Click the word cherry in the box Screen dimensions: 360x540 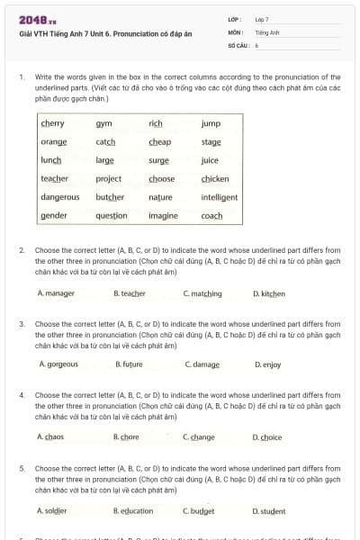pos(52,123)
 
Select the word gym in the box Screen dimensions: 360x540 pos(103,123)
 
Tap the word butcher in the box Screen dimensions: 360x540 pos(109,196)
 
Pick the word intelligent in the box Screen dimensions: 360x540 pos(220,196)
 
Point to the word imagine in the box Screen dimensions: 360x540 pos(163,216)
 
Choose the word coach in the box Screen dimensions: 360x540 pos(211,216)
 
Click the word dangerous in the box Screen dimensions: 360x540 pos(60,196)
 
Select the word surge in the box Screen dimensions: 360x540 pos(159,160)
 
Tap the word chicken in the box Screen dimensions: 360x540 pos(215,178)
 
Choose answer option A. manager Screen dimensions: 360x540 pos(56,293)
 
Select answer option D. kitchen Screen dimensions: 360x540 pos(269,293)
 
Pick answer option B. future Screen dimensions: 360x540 pos(130,364)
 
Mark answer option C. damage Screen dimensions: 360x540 pos(202,364)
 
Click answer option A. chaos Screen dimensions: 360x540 pos(50,436)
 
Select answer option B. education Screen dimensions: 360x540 pos(133,510)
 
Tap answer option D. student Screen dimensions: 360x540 pos(269,510)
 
